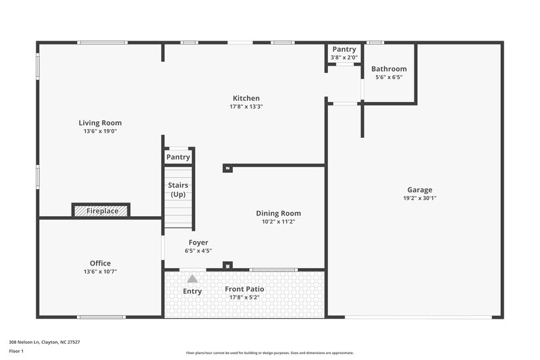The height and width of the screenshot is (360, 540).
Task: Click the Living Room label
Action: point(100,123)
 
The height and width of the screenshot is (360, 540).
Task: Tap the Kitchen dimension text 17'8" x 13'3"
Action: point(246,107)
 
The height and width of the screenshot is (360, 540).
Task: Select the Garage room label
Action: point(419,190)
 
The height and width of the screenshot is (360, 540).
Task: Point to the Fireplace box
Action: point(101,211)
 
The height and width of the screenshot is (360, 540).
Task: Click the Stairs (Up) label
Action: point(178,190)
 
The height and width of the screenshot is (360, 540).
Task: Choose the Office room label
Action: point(100,263)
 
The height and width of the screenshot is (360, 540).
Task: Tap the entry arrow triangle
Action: point(192,278)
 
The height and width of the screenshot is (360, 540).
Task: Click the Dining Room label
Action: point(278,213)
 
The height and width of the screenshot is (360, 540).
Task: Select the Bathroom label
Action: point(389,69)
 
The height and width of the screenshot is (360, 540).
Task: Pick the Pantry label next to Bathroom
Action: point(344,49)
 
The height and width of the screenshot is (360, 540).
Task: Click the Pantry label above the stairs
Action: point(178,157)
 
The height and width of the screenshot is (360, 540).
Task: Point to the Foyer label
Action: point(198,242)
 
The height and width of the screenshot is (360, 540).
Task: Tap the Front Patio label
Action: point(244,289)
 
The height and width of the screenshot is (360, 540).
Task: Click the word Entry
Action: point(192,291)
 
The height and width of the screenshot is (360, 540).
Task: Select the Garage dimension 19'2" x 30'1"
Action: point(420,199)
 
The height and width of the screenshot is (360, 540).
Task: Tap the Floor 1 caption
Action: point(16,351)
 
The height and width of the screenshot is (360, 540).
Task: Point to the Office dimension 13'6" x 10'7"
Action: point(100,272)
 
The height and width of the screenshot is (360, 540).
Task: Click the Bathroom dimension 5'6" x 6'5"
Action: point(389,77)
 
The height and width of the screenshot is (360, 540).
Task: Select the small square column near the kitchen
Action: point(227,168)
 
